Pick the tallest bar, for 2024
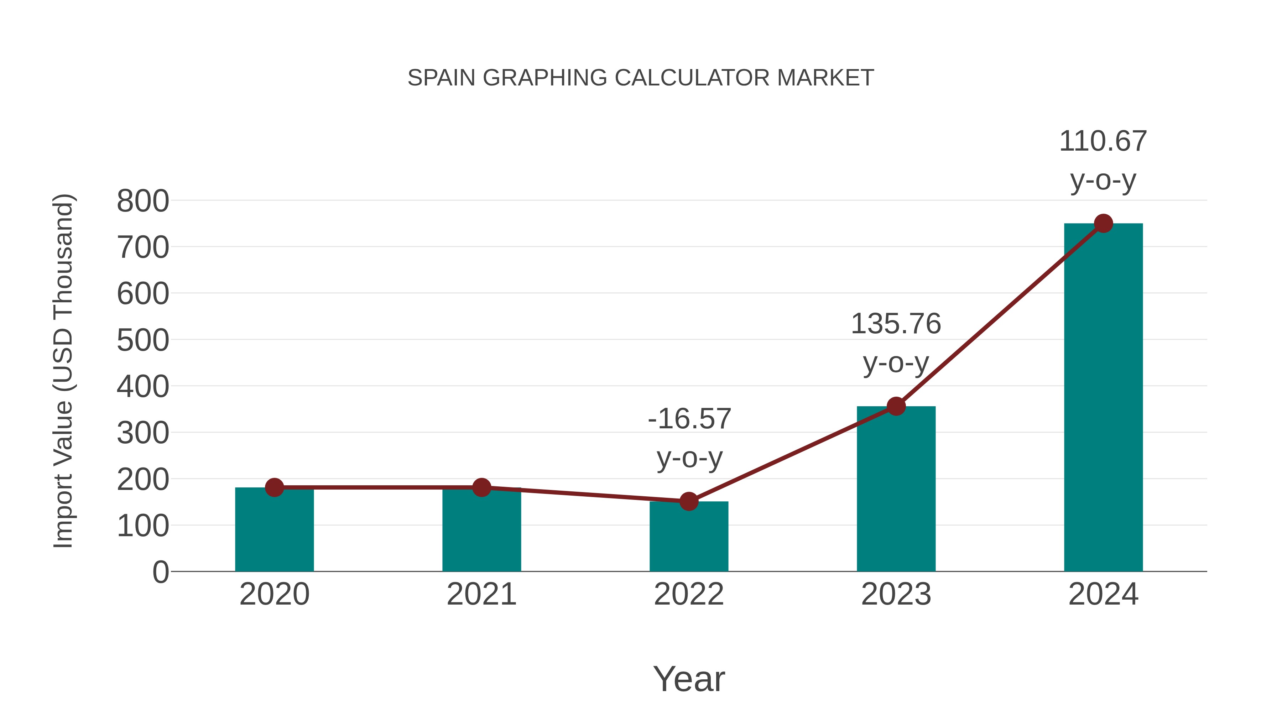pyautogui.click(x=1103, y=398)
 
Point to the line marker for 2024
pyautogui.click(x=1103, y=223)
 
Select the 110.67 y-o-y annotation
pyautogui.click(x=1103, y=160)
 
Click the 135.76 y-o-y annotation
pyautogui.click(x=896, y=343)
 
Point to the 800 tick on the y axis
pyautogui.click(x=143, y=202)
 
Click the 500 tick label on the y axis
pyautogui.click(x=143, y=341)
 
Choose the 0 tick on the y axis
pyautogui.click(x=160, y=572)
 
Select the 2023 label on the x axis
pyautogui.click(x=896, y=594)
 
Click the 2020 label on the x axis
pyautogui.click(x=274, y=594)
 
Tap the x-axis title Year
pyautogui.click(x=689, y=679)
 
